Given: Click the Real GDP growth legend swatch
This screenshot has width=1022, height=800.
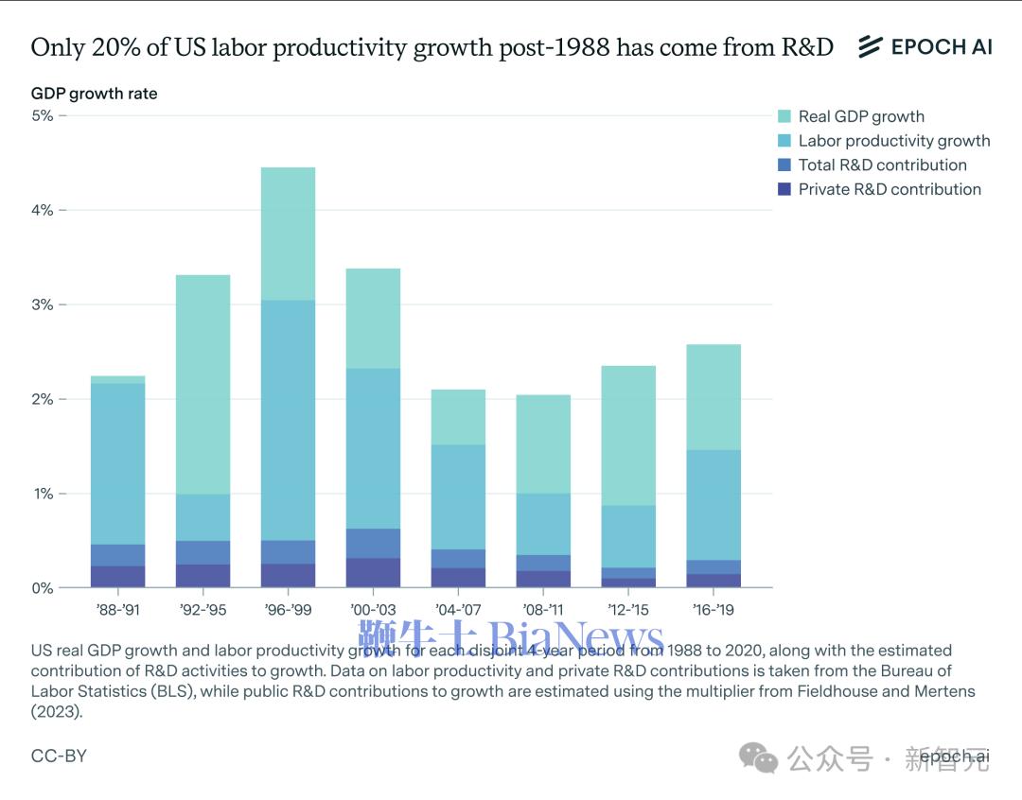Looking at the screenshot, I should tap(784, 116).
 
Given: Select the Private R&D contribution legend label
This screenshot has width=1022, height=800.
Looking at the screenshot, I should tap(890, 189).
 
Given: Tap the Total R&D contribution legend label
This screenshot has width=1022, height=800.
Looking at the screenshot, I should tap(882, 165).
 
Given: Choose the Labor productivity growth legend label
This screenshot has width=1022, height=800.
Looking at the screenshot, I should tap(894, 141).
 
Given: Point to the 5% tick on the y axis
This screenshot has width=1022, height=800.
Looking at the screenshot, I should tap(43, 115).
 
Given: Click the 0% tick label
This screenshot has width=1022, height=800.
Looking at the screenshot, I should tap(43, 588).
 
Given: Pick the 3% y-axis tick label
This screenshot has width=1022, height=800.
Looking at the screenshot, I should tap(43, 304).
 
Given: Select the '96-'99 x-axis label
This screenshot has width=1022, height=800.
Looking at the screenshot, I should tap(288, 610).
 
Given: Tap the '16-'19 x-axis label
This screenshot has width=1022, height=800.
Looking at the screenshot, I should tap(713, 610).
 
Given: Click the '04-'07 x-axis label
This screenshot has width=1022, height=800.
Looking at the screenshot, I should tap(458, 610).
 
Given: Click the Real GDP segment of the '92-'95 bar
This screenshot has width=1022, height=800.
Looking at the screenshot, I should tap(203, 384).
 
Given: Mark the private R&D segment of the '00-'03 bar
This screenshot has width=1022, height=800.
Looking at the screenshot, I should tap(373, 572).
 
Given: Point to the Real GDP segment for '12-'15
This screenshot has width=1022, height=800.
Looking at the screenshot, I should tap(628, 435).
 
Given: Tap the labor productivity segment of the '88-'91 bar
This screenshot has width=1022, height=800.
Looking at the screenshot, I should tap(117, 463).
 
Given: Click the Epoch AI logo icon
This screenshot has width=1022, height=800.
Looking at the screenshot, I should tap(870, 46).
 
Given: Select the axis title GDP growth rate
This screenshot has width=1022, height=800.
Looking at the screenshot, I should tap(95, 94).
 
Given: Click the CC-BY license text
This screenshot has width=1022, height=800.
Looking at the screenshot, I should tap(59, 757).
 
